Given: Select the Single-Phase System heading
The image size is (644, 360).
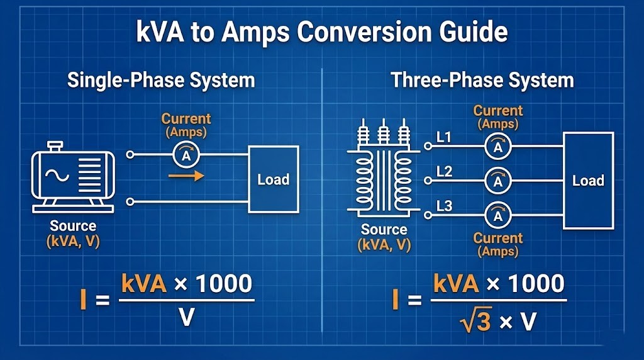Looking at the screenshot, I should point(161,81).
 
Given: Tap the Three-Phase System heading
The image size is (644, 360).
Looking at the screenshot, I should point(482,81).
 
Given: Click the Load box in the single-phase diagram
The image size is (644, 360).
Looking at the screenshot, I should point(274,179).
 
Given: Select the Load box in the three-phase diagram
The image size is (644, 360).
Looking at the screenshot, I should point(588,181).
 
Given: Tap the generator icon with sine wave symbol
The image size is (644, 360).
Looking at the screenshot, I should point(72,179).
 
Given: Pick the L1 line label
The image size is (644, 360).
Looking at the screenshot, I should point(444,137).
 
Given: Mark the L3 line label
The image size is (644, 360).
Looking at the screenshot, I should point(444,206).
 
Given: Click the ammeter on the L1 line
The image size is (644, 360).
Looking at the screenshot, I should point(498,147).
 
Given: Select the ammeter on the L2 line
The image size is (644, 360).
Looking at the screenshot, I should point(498,181).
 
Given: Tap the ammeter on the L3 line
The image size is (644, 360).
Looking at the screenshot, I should point(498,216).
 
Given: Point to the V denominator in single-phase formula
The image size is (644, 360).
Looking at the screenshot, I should point(186,318).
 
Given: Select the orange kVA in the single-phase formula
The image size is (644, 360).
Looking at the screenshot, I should point(145,284).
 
